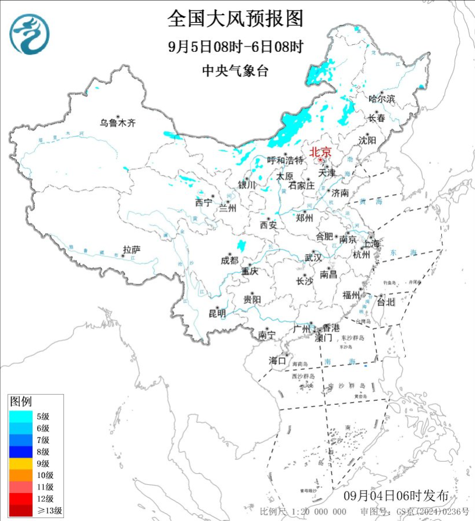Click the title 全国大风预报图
point(235,19)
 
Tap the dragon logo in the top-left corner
point(29,34)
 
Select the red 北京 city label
point(320,152)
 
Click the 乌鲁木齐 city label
point(116,123)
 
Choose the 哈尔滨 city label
point(382,99)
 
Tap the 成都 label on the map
point(229,260)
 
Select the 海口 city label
point(278,361)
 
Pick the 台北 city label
point(385,302)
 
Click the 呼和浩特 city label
point(285,160)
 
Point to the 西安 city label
point(268,224)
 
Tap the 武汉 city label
point(313,258)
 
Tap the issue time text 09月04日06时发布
point(396,496)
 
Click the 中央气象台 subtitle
point(235,71)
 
